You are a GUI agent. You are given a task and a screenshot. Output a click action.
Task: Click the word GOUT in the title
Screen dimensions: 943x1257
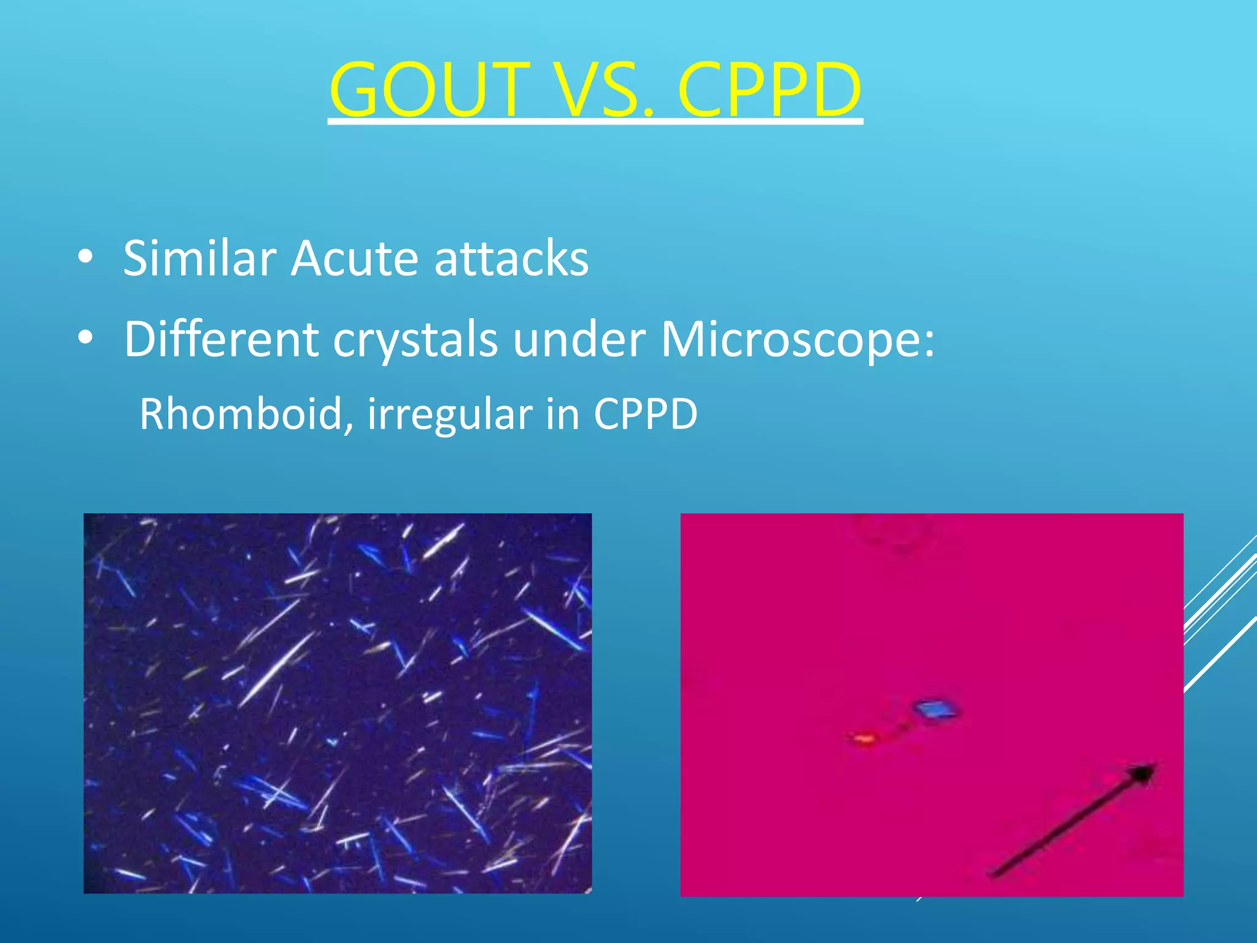point(430,90)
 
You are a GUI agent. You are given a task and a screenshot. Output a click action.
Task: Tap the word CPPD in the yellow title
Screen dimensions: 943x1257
point(770,90)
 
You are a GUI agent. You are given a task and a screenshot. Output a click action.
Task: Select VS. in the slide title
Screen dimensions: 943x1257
point(605,90)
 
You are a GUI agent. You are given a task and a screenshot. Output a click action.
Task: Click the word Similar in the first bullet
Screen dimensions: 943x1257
point(199,258)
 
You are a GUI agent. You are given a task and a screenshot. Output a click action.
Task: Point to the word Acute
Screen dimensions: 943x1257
point(355,258)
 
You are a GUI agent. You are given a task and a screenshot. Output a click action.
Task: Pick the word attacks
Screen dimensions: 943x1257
point(511,258)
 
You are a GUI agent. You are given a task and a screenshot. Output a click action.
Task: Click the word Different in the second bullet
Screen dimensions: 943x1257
point(221,339)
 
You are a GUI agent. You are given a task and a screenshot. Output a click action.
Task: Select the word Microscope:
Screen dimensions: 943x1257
point(798,339)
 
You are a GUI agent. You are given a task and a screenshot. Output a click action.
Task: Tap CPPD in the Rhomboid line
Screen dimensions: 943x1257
point(645,414)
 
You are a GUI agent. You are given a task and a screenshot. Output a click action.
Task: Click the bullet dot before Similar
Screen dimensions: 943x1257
point(85,258)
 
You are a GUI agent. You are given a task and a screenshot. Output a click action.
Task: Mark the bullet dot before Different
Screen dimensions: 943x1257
point(85,337)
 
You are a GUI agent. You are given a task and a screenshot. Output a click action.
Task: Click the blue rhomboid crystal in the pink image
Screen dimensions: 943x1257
point(937,710)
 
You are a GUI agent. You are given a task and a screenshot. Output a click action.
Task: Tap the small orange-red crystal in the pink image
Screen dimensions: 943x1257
point(863,738)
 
